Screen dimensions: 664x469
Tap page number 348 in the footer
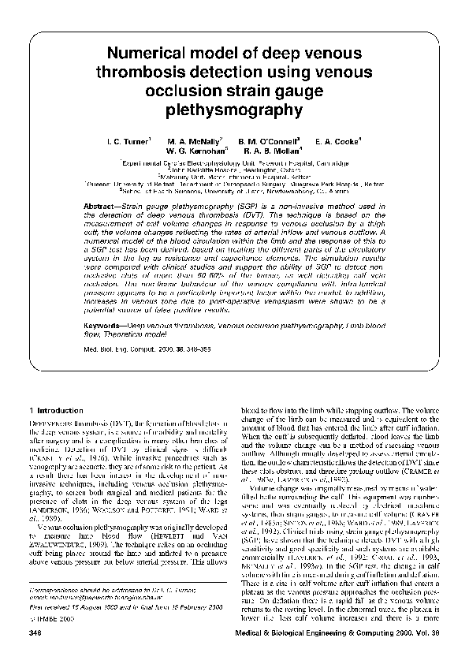[x=34, y=632]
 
